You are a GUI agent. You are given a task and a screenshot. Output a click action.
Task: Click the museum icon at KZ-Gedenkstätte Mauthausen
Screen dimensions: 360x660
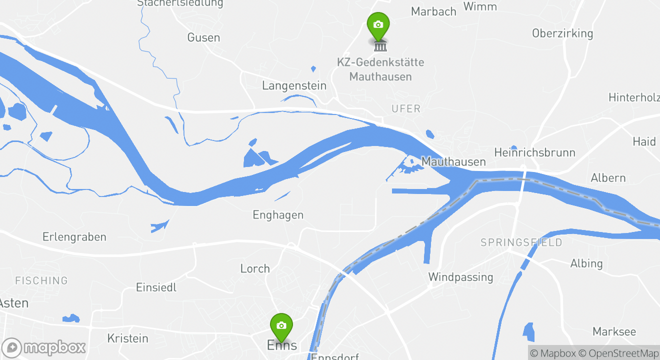[380, 46]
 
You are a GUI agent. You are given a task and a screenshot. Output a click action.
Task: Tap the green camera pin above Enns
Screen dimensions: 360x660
[281, 326]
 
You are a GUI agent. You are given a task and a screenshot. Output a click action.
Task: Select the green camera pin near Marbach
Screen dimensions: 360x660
[378, 25]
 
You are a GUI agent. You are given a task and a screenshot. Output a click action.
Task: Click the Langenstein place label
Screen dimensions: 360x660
[294, 85]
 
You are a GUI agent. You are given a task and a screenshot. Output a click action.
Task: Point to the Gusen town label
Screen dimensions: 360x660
[203, 37]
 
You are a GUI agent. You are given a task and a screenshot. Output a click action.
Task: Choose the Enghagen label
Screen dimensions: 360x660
[278, 215]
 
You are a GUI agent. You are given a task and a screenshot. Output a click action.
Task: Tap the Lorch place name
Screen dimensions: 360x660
[255, 268]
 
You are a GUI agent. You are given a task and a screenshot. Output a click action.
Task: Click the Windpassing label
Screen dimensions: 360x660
[460, 276]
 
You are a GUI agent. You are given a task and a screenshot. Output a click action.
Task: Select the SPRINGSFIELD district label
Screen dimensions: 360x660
[521, 242]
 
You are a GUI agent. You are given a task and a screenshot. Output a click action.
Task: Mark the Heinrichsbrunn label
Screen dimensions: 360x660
[534, 152]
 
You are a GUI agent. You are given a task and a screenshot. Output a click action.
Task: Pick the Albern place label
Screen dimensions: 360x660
[608, 177]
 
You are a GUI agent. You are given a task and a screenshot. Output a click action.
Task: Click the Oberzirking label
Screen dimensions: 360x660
[562, 33]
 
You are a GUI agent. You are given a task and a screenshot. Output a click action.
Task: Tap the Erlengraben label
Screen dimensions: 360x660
[74, 237]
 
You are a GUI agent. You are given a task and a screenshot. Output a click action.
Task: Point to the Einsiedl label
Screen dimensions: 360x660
[156, 287]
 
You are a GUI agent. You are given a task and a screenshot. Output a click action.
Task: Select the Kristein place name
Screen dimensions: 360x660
[128, 338]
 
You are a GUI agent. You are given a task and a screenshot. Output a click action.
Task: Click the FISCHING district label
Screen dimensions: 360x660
[41, 280]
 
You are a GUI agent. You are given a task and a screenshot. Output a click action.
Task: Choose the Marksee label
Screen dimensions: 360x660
[614, 331]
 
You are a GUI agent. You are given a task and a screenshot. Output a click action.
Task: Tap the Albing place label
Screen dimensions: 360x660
[586, 263]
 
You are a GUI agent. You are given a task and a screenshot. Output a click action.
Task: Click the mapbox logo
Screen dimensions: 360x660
[44, 347]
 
